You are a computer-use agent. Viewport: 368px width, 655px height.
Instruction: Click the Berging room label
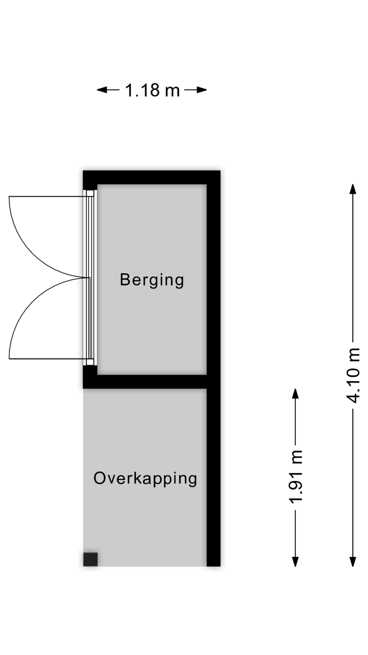tap(152, 280)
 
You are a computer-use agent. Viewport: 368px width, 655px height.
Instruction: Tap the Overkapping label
tap(145, 479)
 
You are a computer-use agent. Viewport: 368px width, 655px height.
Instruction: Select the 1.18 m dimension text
tap(152, 90)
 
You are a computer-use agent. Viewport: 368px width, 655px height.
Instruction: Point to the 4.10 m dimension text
tap(353, 375)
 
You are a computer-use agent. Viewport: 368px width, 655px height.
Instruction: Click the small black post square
tap(91, 559)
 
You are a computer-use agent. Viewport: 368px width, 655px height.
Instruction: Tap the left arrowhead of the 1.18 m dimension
tap(102, 90)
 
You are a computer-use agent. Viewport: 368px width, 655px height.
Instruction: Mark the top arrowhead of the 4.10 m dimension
tap(353, 189)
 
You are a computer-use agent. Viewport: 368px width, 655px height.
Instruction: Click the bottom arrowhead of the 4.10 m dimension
tap(353, 562)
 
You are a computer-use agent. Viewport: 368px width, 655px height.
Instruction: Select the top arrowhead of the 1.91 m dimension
tap(295, 394)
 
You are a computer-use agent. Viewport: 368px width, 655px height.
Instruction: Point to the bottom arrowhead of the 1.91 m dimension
tap(295, 562)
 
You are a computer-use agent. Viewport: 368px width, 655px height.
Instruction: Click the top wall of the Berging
tap(152, 177)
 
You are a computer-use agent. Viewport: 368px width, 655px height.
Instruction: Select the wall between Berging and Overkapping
tap(145, 382)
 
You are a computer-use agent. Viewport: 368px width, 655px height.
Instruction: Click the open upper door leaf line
tap(46, 196)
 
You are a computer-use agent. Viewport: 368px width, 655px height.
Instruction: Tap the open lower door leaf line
tap(46, 359)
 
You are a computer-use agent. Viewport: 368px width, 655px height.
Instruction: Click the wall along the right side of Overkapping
tap(214, 478)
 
